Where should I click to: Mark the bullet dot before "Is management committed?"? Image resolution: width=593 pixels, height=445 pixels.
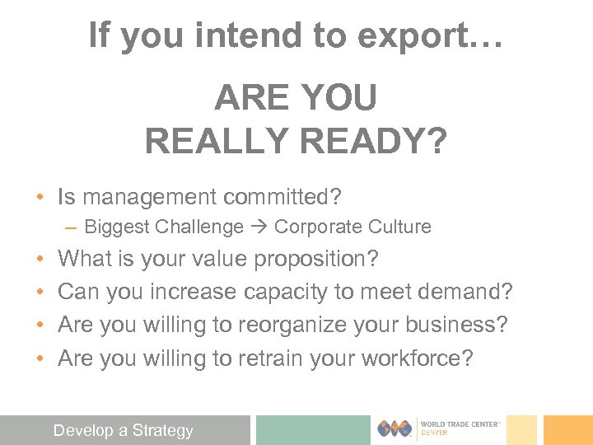tap(40, 198)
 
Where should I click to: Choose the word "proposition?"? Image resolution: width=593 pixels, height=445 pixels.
tap(316, 260)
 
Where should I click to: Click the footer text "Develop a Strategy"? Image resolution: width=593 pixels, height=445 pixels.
tap(123, 429)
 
